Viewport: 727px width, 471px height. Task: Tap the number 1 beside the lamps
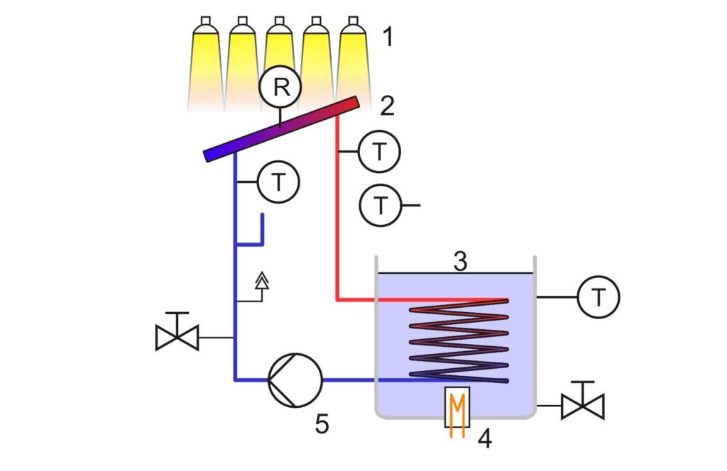coord(388,36)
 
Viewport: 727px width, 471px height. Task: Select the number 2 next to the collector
coord(388,106)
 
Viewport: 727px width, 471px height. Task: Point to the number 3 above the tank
coord(461,262)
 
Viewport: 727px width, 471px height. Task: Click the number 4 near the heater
coord(485,439)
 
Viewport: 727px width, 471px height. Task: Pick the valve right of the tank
coord(582,402)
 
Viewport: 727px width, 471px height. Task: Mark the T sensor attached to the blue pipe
coord(279,182)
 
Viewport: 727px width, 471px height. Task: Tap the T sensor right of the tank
coord(599,297)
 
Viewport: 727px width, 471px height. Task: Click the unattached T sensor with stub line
coord(381,205)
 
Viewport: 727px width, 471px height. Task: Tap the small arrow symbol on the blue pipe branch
coord(262,283)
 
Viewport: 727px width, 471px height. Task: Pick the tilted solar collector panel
coord(281,127)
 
